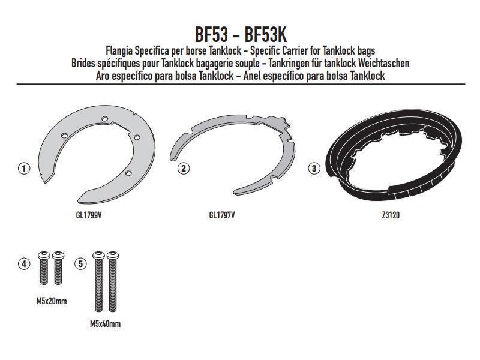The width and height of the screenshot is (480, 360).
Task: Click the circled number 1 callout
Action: click(24, 169)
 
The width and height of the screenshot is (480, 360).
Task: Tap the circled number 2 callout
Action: click(184, 168)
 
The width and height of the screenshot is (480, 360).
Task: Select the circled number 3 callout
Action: click(314, 168)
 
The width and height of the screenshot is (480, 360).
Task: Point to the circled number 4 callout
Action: click(24, 263)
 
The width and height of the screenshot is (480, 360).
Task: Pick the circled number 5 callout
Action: click(81, 263)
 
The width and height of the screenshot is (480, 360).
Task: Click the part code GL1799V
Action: click(89, 215)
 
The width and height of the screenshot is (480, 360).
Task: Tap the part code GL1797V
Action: click(222, 215)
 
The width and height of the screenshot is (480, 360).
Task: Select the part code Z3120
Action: click(391, 215)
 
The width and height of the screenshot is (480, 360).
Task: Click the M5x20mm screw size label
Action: click(52, 301)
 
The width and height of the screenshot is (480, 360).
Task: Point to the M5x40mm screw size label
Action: click(105, 323)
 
